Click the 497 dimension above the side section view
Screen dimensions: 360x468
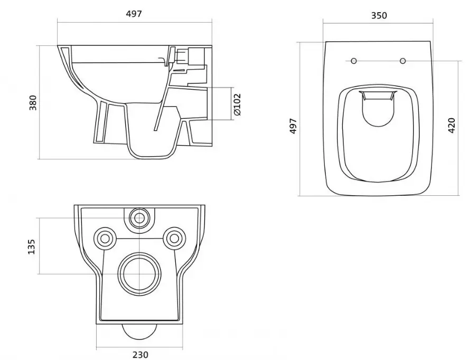pyautogui.click(x=134, y=14)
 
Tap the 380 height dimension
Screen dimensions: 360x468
pyautogui.click(x=33, y=102)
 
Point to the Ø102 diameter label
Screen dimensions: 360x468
pyautogui.click(x=237, y=104)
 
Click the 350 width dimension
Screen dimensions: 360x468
pyautogui.click(x=379, y=15)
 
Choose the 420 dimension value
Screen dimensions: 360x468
pyautogui.click(x=451, y=125)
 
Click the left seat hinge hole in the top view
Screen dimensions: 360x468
pyautogui.click(x=353, y=61)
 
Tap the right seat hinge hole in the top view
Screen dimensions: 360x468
pyautogui.click(x=403, y=61)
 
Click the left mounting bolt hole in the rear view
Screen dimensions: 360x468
pyautogui.click(x=105, y=239)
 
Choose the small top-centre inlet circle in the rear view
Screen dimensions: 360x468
pyautogui.click(x=140, y=216)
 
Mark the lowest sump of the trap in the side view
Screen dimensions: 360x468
pyautogui.click(x=152, y=150)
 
